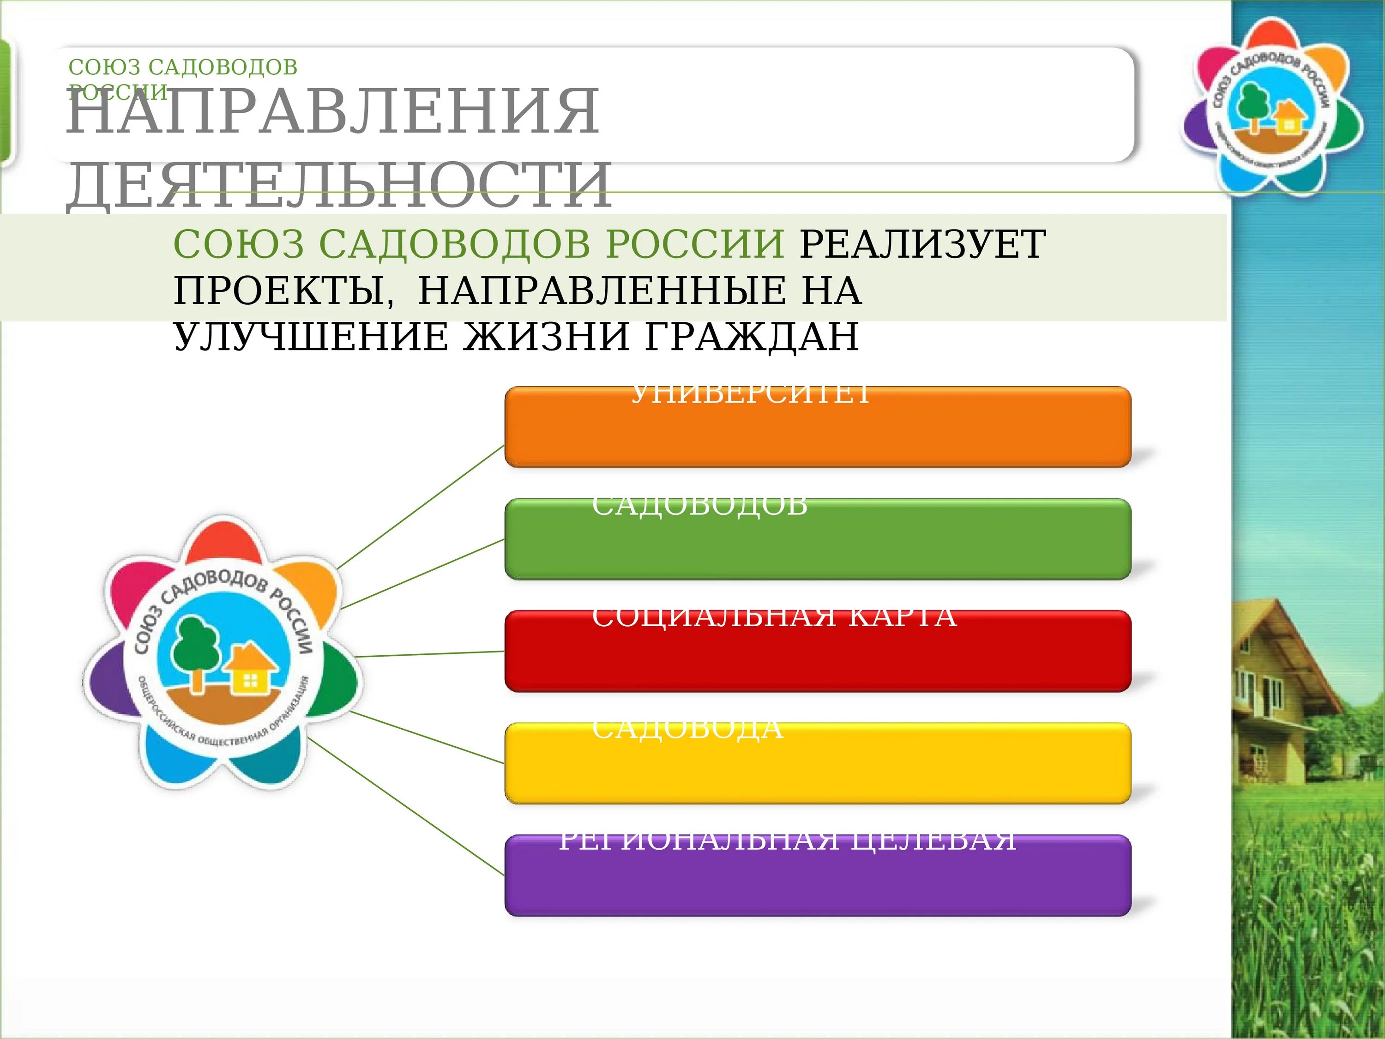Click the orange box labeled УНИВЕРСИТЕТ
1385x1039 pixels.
click(817, 427)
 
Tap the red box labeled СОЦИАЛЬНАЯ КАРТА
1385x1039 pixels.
click(817, 651)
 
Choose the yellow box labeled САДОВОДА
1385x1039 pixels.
click(817, 763)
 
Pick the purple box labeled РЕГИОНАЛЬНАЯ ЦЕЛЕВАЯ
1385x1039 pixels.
click(817, 876)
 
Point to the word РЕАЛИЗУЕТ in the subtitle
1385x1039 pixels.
click(922, 244)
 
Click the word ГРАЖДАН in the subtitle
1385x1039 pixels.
click(751, 337)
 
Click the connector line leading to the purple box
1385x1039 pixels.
click(407, 808)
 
